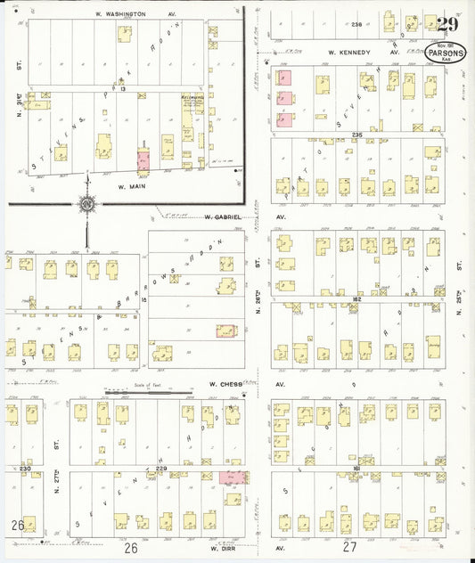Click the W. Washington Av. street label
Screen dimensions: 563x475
coord(136,15)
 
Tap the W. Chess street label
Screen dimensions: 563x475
coord(225,385)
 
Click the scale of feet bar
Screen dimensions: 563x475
coord(147,391)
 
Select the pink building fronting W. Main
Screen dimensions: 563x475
coord(143,160)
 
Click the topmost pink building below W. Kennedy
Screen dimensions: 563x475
coord(284,81)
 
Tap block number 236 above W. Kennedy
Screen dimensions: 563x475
coord(357,24)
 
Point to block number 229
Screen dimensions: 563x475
coord(161,468)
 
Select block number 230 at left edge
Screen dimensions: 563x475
coord(24,468)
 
